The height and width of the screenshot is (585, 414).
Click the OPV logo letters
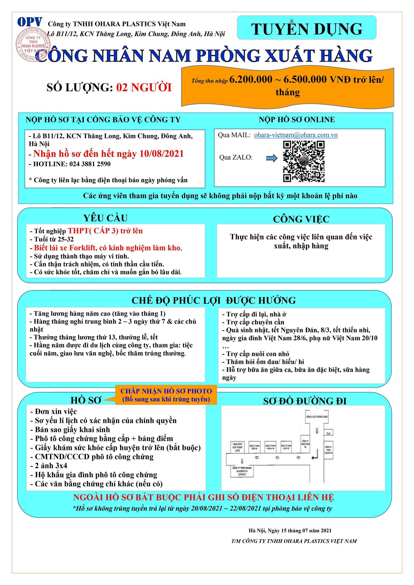coord(30,22)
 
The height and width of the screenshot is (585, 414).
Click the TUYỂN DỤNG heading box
coord(306,28)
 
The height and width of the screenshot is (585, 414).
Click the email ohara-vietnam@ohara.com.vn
coord(296,135)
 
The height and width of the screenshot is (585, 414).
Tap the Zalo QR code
coord(304,161)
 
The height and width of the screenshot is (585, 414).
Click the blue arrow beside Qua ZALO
coord(271,158)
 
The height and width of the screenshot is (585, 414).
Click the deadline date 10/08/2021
coord(162,154)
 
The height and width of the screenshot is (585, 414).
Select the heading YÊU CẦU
coord(106,218)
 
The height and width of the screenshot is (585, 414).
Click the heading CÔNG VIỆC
coord(301,219)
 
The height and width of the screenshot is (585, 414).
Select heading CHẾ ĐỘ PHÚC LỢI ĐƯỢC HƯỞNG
coord(214,300)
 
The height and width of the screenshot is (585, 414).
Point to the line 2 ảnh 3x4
coord(49,466)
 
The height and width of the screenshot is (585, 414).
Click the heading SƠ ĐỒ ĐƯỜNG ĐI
coord(305,401)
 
